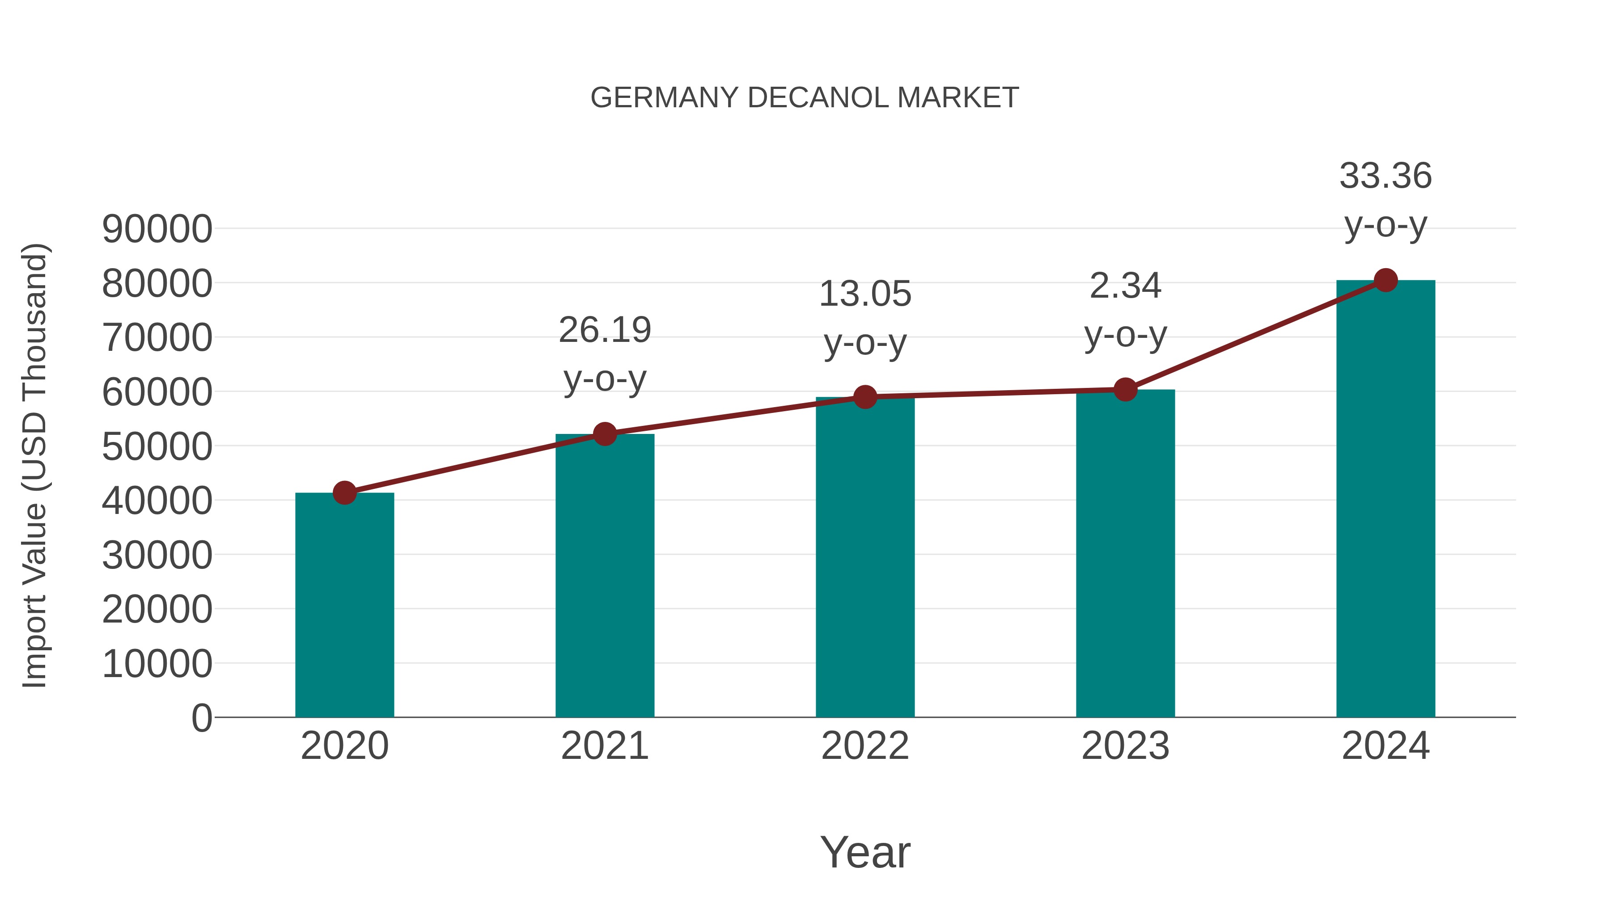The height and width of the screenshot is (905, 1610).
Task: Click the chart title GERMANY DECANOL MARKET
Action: pyautogui.click(x=805, y=98)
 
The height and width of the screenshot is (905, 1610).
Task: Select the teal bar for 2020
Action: pyautogui.click(x=344, y=606)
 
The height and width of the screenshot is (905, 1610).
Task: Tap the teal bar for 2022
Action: pyautogui.click(x=865, y=562)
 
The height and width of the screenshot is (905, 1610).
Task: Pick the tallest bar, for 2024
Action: pyautogui.click(x=1385, y=500)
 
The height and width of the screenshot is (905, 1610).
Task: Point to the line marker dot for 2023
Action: pyautogui.click(x=1125, y=390)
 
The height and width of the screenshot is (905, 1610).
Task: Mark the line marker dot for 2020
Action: pyautogui.click(x=344, y=493)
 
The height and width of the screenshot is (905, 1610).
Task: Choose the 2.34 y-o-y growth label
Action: pyautogui.click(x=1125, y=311)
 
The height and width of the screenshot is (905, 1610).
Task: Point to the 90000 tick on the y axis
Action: pyautogui.click(x=157, y=229)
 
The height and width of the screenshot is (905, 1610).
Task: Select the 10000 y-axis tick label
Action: pyautogui.click(x=157, y=664)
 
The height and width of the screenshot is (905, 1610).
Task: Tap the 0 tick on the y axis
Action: pyautogui.click(x=202, y=718)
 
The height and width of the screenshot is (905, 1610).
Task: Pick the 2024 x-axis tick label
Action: pyautogui.click(x=1385, y=746)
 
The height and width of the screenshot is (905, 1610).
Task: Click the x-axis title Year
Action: pyautogui.click(x=865, y=853)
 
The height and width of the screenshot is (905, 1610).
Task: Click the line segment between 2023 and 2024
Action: pyautogui.click(x=1255, y=335)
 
